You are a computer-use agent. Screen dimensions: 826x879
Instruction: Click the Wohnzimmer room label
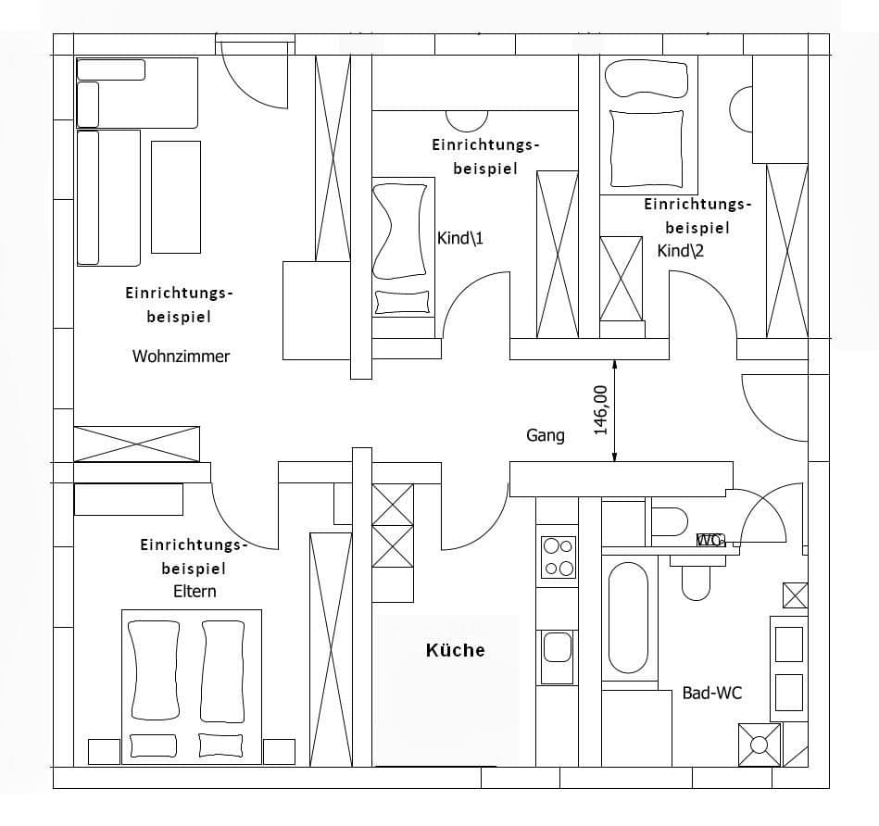point(181,356)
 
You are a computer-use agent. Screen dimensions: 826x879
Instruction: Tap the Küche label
point(455,650)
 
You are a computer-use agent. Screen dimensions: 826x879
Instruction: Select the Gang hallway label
point(546,435)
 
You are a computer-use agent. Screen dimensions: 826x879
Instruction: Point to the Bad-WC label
point(711,693)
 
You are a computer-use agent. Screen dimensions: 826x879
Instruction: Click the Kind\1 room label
point(460,239)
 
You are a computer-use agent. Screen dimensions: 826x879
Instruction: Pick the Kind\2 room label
point(681,251)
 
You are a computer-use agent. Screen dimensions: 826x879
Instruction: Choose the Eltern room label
point(195,591)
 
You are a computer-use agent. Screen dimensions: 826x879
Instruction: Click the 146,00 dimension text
point(600,409)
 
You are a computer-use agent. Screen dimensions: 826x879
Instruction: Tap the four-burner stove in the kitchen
point(558,557)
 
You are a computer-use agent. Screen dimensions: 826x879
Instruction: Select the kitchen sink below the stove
point(558,645)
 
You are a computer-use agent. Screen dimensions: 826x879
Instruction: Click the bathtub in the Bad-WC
point(628,618)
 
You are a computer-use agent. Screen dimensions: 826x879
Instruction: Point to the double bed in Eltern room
point(191,685)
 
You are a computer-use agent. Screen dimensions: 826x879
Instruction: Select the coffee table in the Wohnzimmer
point(176,196)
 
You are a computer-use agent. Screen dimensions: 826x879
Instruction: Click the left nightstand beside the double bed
point(103,751)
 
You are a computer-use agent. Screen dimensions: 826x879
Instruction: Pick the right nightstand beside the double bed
point(279,751)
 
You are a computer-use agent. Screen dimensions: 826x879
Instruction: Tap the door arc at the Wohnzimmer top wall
point(252,79)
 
